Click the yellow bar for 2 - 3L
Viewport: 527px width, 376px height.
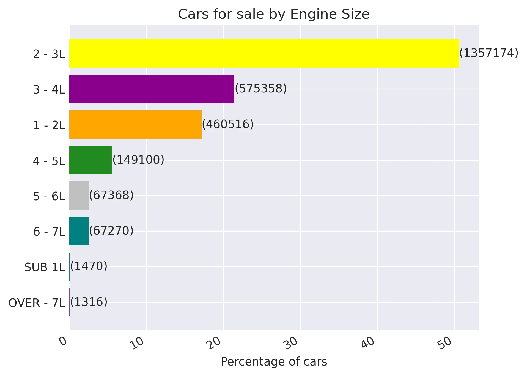pos(264,53)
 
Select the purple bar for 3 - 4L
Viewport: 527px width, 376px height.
pos(152,89)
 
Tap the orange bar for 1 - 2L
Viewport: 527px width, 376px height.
pos(135,124)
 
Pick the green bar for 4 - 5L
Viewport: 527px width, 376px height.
pos(90,160)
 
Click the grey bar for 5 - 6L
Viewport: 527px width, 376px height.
pos(79,196)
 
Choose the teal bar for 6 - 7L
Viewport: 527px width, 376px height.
pos(79,231)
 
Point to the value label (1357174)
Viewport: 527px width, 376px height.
pos(489,53)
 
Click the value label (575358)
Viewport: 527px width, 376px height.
pos(261,89)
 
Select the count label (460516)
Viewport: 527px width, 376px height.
pos(228,124)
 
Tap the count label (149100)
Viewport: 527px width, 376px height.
pos(138,160)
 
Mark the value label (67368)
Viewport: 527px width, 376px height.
pos(111,195)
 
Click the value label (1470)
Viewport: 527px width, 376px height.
pos(89,266)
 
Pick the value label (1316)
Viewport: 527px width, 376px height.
pos(89,302)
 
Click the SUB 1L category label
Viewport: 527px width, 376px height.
pos(45,267)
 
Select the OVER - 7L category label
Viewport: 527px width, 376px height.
pos(37,303)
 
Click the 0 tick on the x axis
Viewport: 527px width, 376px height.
pos(63,341)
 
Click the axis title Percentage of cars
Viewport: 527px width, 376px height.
pos(274,362)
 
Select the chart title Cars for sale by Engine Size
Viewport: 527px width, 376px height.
pos(274,14)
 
